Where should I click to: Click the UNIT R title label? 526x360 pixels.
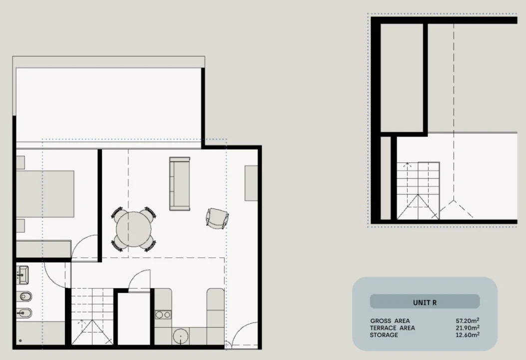tap(425, 302)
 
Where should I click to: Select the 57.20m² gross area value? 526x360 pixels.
tap(467, 320)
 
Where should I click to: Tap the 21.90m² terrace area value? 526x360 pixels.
tap(467, 328)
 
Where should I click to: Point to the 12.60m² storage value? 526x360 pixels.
tap(467, 335)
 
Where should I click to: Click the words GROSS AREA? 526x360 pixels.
tap(390, 321)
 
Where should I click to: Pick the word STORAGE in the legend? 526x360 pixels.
tap(384, 335)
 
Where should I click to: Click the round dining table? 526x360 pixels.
tap(133, 229)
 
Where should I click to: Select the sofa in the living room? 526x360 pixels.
tap(180, 183)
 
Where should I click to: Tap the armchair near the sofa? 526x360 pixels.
tap(217, 218)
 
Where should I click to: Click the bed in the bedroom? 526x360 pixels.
tap(45, 194)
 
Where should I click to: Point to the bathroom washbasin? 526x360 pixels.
tap(23, 275)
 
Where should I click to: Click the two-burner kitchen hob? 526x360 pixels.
tap(163, 315)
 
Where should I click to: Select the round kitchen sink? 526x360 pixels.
tap(180, 336)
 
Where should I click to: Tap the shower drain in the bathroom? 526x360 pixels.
tap(20, 340)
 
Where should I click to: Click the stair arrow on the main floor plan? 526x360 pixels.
tap(80, 325)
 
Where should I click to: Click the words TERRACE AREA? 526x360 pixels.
tap(393, 328)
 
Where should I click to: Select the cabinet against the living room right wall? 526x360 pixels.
tap(251, 183)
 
